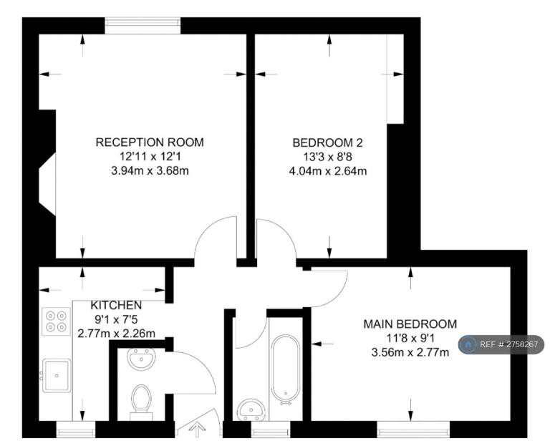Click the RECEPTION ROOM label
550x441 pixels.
(x=150, y=142)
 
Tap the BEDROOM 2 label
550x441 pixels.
(x=327, y=142)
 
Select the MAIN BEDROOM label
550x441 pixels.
(x=410, y=324)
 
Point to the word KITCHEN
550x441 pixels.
(x=116, y=305)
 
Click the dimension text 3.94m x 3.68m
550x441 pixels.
(x=150, y=170)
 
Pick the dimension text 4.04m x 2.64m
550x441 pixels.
(x=327, y=171)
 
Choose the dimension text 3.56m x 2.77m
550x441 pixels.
(x=410, y=352)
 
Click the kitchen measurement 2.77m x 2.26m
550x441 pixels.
(x=116, y=334)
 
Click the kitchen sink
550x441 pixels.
(x=57, y=375)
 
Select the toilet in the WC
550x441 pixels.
(x=141, y=403)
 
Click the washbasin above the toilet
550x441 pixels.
(x=141, y=359)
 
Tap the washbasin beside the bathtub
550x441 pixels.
(x=251, y=409)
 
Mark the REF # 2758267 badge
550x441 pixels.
(x=501, y=344)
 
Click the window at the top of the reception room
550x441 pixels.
(x=143, y=26)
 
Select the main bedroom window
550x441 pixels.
(x=413, y=429)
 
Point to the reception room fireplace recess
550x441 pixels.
(x=47, y=184)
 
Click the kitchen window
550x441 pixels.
(x=76, y=429)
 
